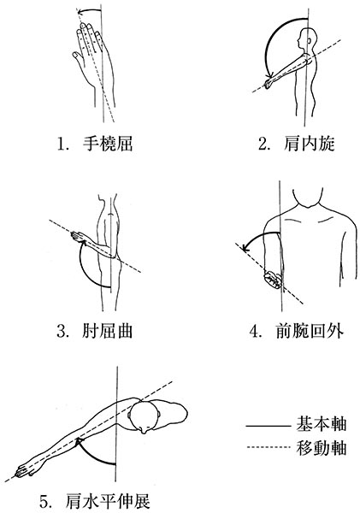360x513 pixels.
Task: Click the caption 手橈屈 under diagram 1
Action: point(108,144)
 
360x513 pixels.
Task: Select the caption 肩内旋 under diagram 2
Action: point(310,144)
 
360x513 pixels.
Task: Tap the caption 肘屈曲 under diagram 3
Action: point(108,331)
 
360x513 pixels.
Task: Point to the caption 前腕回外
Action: point(310,331)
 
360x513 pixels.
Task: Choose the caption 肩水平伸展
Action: point(108,500)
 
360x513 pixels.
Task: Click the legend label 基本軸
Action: point(322,425)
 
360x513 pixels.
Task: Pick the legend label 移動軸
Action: point(322,447)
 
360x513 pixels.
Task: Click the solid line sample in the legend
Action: point(268,427)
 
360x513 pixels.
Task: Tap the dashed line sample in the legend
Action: point(268,447)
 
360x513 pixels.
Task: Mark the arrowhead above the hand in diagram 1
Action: point(80,13)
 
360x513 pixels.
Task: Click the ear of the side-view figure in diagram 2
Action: point(310,41)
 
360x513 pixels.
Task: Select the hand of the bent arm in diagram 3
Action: point(77,236)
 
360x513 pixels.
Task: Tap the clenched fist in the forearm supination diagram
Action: point(273,280)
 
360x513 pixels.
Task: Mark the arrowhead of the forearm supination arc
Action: point(245,248)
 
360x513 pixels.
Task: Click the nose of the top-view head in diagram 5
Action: point(145,432)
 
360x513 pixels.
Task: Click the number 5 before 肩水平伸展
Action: point(44,501)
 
